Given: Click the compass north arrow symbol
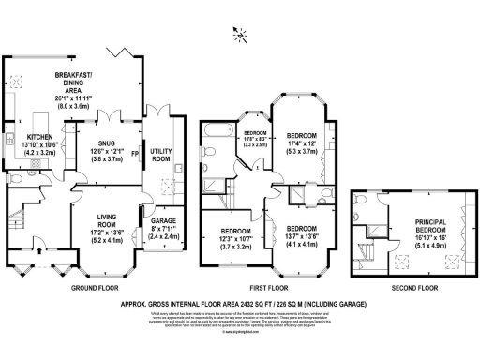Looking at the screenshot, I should coord(242,36).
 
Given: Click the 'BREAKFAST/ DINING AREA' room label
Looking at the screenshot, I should coord(105,81).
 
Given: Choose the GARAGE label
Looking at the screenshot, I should coord(165,223).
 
